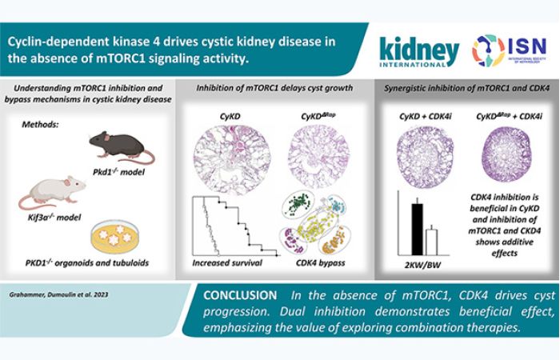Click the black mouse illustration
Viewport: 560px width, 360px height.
click(x=121, y=146)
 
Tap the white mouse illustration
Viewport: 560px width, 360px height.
click(x=52, y=192)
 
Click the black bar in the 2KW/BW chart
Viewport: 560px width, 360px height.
click(x=417, y=230)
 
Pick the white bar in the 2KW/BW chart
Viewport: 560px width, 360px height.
click(x=431, y=242)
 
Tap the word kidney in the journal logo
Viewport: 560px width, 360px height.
click(x=419, y=50)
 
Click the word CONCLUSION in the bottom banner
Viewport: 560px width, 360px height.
click(x=240, y=295)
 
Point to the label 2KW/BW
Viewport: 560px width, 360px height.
click(x=423, y=265)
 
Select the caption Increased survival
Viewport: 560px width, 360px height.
click(x=227, y=263)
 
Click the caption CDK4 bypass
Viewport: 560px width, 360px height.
click(x=320, y=263)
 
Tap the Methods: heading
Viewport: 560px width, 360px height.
click(x=40, y=124)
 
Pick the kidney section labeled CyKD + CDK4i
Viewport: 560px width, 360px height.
click(x=425, y=158)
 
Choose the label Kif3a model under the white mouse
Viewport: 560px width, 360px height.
click(x=54, y=217)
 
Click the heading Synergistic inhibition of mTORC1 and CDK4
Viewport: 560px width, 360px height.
click(x=466, y=88)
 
